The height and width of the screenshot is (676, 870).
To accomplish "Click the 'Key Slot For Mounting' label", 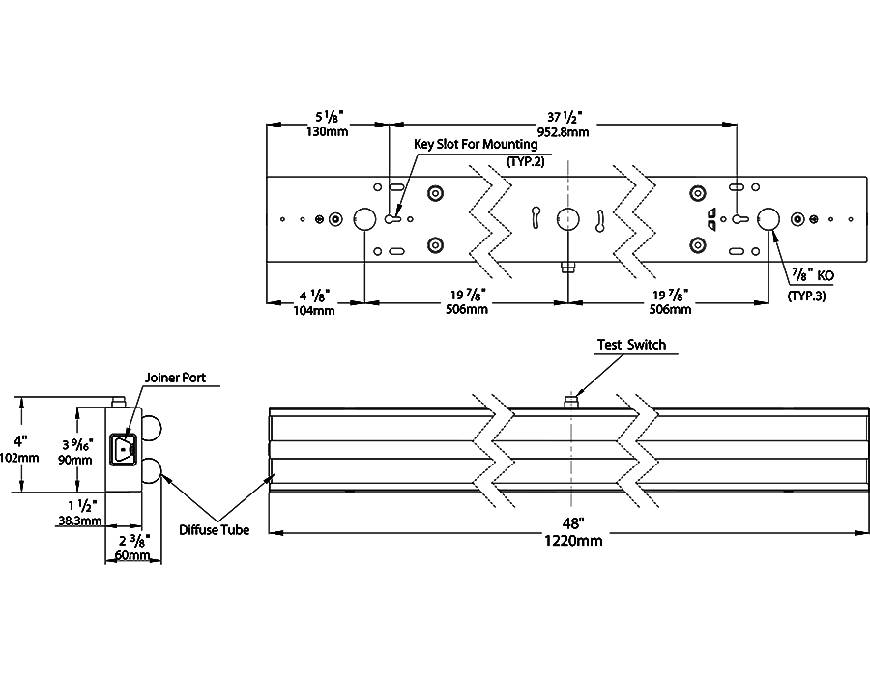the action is tap(476, 145).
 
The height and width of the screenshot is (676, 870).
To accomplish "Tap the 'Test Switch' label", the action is tap(631, 345).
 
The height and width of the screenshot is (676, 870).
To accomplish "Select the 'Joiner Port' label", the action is tap(175, 378).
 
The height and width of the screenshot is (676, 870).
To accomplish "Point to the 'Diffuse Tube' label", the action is tap(215, 530).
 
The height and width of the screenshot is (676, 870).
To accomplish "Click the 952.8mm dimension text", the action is tap(563, 132).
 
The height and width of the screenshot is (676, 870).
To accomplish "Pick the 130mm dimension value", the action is tap(328, 132).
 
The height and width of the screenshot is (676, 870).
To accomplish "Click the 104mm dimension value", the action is tap(314, 311).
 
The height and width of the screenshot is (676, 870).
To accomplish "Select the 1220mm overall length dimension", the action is tap(573, 540).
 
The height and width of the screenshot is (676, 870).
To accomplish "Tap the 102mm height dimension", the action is tap(19, 458).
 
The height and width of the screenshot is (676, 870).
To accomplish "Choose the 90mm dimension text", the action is tap(74, 460).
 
